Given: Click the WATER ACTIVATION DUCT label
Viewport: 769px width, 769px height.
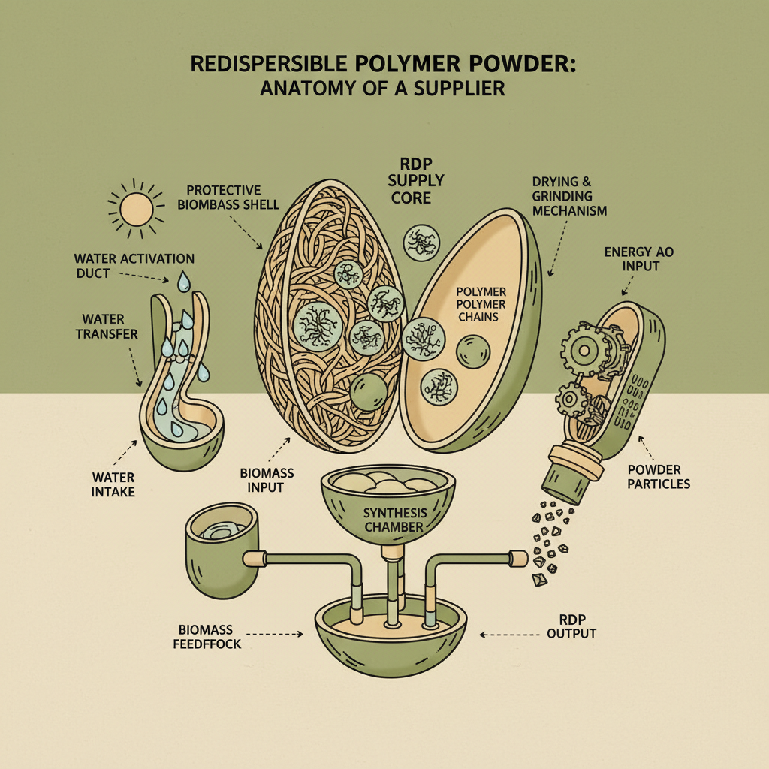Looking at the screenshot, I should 134,266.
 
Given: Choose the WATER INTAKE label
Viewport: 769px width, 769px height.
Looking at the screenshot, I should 113,484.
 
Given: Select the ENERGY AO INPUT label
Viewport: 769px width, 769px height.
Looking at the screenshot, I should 638,258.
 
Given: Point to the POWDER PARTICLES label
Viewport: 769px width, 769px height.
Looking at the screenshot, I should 657,477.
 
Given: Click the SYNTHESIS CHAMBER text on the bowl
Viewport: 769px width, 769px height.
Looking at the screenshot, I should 394,520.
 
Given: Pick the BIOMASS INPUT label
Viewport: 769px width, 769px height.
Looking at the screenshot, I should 267,480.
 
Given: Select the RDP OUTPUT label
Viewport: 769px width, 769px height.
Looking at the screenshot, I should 571,627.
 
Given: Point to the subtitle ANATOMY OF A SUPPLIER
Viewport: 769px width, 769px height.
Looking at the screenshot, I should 382,88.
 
